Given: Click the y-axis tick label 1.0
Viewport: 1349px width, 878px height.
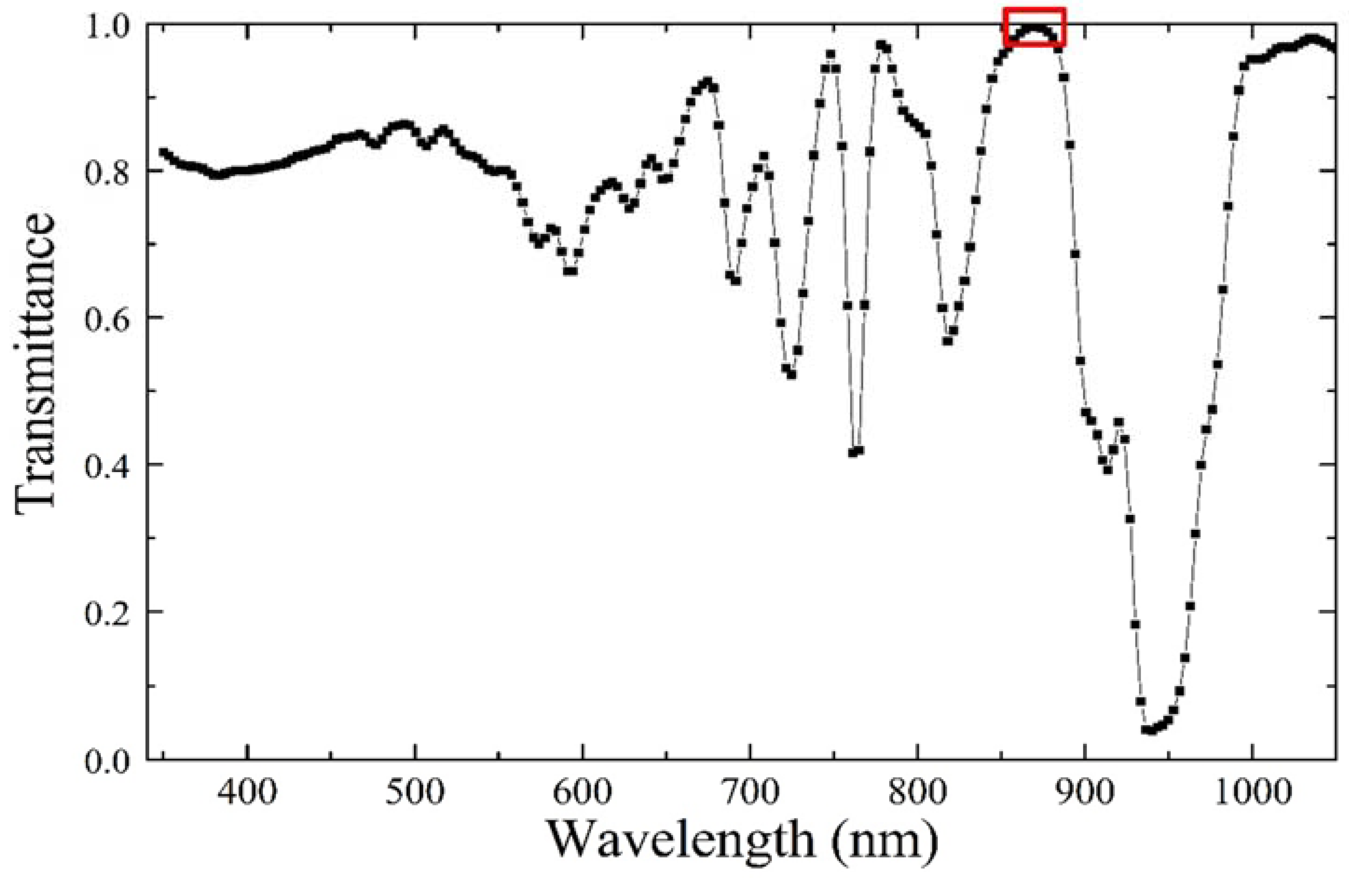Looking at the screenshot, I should (107, 26).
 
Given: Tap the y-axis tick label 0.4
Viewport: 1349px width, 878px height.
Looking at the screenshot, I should (107, 465).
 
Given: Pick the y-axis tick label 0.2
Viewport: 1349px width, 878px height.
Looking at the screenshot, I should (107, 612).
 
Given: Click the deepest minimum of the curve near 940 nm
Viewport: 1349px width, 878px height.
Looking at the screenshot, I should (1150, 731).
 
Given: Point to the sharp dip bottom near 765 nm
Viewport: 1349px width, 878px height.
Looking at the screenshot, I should (856, 452).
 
